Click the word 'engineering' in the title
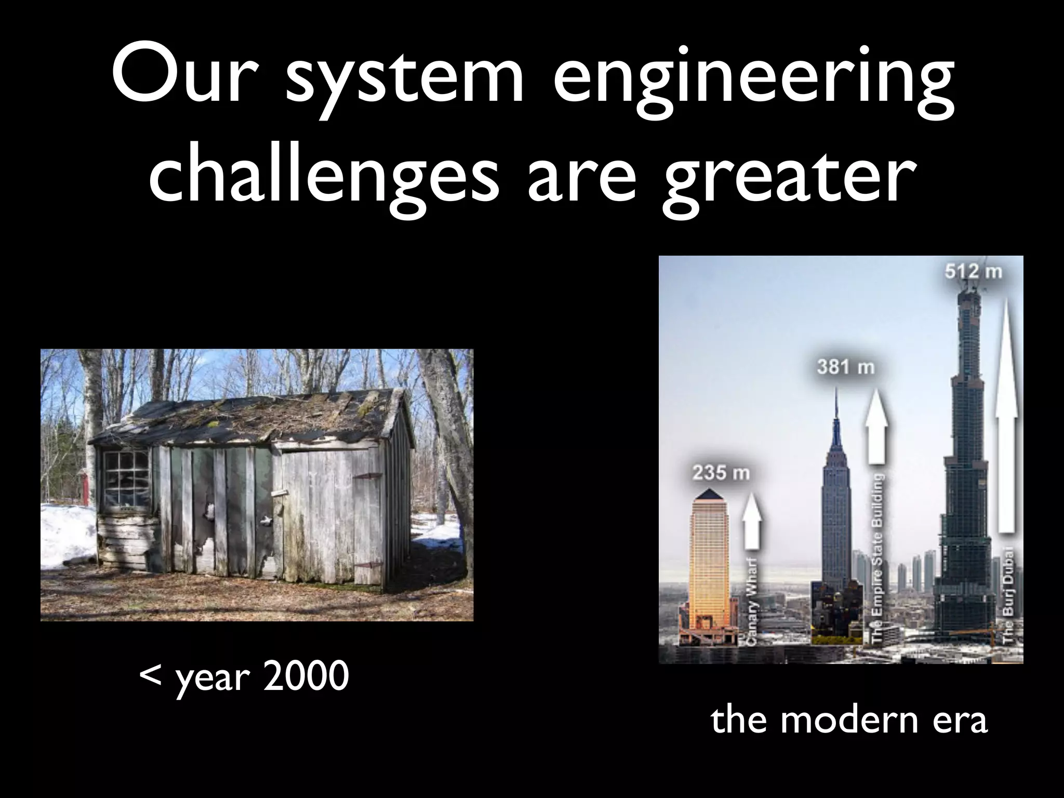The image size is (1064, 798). tap(753, 83)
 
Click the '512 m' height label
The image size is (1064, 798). tap(973, 271)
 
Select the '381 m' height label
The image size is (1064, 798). tap(845, 367)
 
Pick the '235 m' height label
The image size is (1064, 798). tap(721, 473)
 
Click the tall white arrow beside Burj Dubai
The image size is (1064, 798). tap(1005, 416)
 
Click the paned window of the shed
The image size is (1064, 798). tap(126, 479)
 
